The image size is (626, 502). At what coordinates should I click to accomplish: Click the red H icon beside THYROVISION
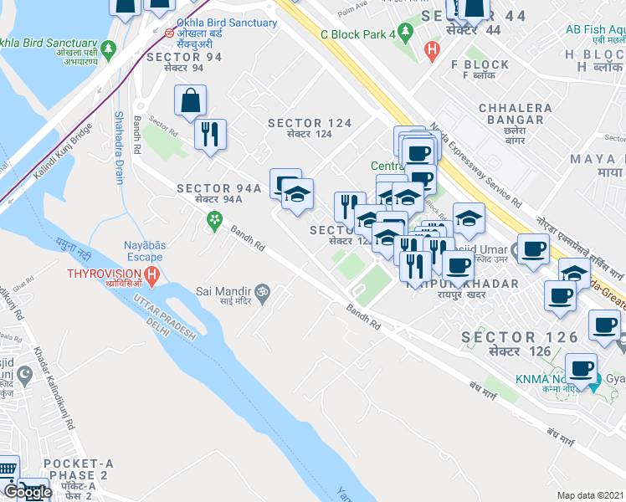click(151, 274)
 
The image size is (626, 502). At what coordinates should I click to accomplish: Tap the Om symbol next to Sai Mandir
click(260, 290)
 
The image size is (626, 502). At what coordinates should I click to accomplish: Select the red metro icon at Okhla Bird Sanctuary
click(170, 34)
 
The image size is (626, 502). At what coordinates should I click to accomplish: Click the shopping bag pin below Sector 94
click(190, 100)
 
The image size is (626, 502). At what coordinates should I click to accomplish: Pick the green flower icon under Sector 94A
click(215, 220)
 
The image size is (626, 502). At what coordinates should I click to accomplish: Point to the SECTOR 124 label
click(310, 123)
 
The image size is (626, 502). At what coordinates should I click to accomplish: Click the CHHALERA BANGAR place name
click(516, 108)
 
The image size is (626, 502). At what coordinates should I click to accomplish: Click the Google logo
click(27, 492)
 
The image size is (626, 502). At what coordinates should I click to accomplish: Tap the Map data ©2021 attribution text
click(590, 495)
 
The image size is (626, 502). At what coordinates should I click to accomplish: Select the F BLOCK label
click(480, 64)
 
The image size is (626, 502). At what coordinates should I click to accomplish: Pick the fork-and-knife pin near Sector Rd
click(210, 134)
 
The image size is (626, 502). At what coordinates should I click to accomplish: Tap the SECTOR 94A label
click(219, 189)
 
